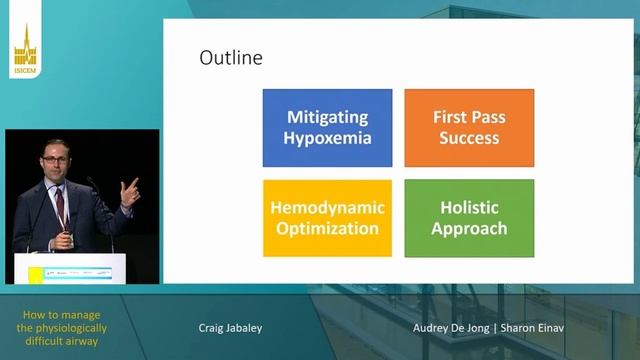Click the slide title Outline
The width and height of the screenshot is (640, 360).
click(231, 58)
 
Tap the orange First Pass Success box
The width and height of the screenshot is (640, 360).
click(468, 127)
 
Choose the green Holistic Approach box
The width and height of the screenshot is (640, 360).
click(468, 217)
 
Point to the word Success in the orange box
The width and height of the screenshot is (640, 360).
click(468, 138)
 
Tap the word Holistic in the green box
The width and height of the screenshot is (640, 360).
click(468, 207)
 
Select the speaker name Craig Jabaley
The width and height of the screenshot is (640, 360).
click(230, 327)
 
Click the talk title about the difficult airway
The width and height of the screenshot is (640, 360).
click(64, 327)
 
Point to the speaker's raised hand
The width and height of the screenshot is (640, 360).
click(128, 191)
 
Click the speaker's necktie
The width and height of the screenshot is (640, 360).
click(60, 206)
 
